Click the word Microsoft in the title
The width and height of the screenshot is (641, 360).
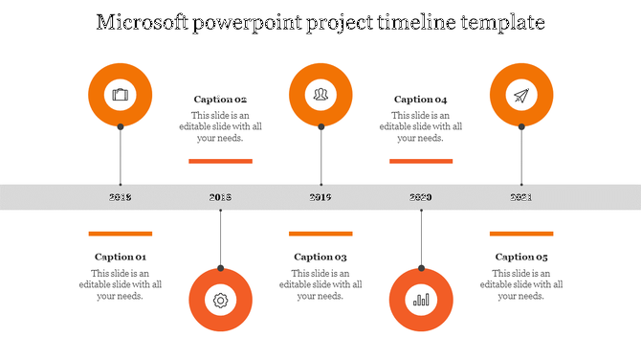coord(145,21)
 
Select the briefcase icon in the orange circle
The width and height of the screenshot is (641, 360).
coord(120,95)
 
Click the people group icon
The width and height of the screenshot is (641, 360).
coord(320,95)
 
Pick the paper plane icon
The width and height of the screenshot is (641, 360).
coord(521,95)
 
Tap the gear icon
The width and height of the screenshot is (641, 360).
coord(220,300)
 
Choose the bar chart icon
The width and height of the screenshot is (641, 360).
coord(421,300)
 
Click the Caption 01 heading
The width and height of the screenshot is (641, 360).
coord(121,257)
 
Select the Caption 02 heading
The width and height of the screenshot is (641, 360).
coord(220,100)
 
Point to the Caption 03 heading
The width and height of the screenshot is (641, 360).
coord(320,257)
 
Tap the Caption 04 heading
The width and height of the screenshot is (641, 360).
coord(421,100)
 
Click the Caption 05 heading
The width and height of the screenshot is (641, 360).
coord(521,257)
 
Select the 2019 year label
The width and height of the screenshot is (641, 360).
coord(320,197)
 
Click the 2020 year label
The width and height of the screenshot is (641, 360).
coord(421,197)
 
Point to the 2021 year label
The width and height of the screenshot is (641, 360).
coord(521,197)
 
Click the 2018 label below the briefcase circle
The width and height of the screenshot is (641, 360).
coord(121,197)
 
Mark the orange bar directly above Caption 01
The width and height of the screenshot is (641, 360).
coord(121,233)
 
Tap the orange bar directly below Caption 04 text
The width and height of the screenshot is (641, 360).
coord(421,161)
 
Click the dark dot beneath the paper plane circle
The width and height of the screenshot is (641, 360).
coord(521,126)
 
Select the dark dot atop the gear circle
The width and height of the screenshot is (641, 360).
coord(220,268)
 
